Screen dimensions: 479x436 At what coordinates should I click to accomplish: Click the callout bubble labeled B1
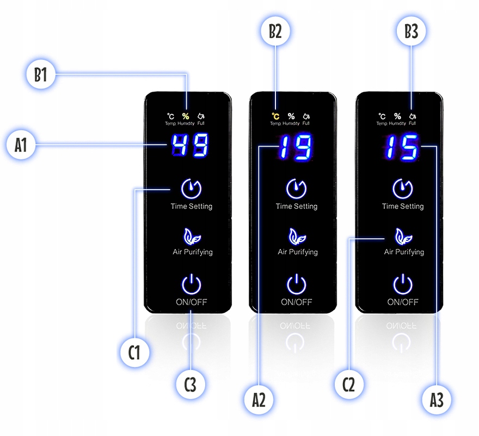(x=41, y=75)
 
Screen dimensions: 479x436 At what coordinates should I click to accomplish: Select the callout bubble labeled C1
(x=134, y=352)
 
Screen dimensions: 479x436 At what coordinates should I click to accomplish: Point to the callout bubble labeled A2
(x=259, y=400)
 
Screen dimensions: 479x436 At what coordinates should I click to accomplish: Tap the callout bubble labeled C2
(x=348, y=385)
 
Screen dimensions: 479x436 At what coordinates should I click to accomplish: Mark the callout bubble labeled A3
(x=437, y=400)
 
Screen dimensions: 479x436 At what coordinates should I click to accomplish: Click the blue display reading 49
(x=189, y=146)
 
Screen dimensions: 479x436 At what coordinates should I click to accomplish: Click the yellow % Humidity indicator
(x=186, y=116)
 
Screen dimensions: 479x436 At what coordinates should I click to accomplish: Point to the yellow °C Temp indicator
(x=276, y=116)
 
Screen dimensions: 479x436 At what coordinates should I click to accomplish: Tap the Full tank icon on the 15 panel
(x=413, y=116)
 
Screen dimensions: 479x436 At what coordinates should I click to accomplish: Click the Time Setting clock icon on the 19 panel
(x=296, y=189)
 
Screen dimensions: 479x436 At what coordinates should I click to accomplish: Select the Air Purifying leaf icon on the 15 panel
(x=403, y=237)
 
